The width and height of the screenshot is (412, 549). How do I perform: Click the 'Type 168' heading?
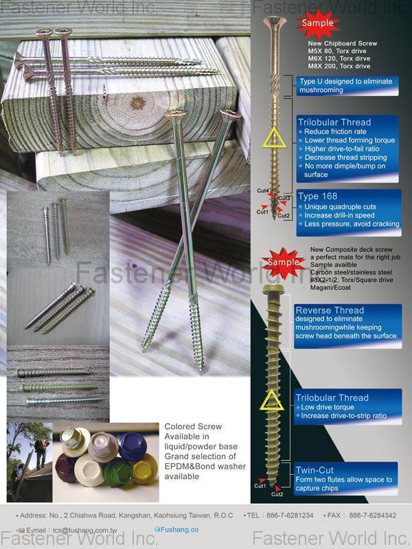[x=317, y=196]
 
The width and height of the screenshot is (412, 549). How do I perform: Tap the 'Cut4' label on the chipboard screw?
[x=262, y=190]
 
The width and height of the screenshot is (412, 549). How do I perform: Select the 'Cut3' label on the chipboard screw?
[x=285, y=198]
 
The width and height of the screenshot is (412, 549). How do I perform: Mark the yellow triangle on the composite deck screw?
[x=272, y=400]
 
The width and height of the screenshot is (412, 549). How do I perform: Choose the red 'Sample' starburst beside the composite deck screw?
[x=283, y=262]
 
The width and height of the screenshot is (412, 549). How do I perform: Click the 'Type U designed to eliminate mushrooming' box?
[x=345, y=86]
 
